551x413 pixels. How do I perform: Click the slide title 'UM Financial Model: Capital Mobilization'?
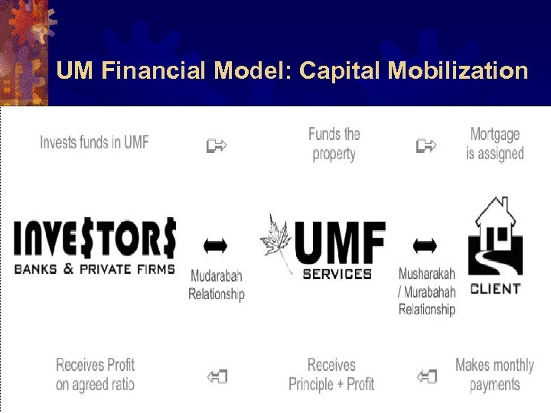click(292, 71)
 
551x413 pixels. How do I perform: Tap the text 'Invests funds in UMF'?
click(94, 142)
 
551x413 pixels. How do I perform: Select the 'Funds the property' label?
click(334, 144)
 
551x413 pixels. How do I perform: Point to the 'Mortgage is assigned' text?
click(495, 144)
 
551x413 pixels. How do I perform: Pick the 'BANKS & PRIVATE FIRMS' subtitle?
click(95, 268)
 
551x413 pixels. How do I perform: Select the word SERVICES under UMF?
click(337, 273)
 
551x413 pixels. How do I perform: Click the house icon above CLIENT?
click(495, 238)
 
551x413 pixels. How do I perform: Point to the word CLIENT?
click(495, 289)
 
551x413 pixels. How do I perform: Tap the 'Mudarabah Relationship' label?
click(217, 285)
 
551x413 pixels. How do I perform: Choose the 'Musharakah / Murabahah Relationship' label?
click(427, 291)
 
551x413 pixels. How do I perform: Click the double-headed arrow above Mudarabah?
click(215, 246)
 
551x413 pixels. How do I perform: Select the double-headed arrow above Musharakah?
click(425, 246)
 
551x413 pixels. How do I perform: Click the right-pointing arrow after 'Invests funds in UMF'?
click(217, 145)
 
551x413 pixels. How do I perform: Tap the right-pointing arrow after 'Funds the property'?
click(426, 145)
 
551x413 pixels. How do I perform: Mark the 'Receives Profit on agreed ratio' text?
click(95, 374)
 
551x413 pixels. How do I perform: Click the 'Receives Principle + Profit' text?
click(331, 374)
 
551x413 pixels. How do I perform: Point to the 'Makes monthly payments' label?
click(494, 374)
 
